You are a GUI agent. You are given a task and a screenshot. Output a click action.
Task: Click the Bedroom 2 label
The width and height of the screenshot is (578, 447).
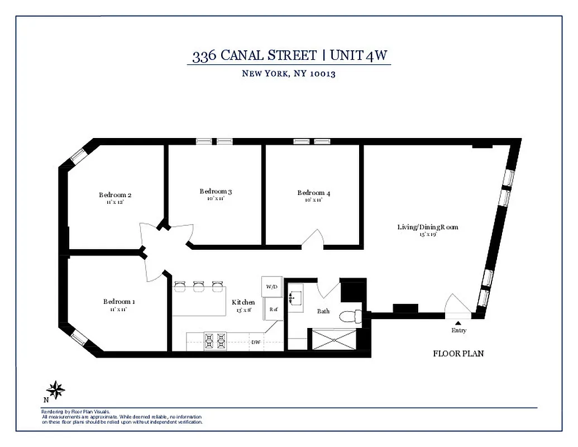[x=115, y=195]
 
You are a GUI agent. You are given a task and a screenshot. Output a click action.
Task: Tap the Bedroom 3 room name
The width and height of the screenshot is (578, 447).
[x=216, y=192]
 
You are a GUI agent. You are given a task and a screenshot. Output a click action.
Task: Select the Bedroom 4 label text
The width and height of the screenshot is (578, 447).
[x=313, y=193]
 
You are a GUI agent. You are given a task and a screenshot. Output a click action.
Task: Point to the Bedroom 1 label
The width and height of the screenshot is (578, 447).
[x=118, y=302]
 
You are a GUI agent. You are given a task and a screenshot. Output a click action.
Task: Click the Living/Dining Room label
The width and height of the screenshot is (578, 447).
[x=427, y=227]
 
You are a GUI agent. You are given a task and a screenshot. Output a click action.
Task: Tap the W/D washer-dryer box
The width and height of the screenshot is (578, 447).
[x=272, y=287]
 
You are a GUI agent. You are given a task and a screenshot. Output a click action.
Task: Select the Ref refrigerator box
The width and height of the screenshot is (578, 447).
[x=274, y=309]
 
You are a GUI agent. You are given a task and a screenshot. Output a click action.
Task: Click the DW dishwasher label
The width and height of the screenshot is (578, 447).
[x=255, y=342]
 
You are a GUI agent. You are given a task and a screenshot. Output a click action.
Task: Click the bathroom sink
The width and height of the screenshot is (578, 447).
[x=294, y=298]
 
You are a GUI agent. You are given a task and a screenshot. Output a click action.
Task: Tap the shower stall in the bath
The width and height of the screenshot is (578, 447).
[x=333, y=340]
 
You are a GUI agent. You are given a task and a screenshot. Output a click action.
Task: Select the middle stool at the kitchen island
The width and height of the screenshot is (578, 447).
[x=199, y=287]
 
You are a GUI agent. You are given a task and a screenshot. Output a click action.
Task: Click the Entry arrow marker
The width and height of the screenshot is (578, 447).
[x=458, y=322]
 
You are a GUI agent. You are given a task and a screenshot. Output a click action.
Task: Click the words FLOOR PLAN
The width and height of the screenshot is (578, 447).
[x=458, y=354]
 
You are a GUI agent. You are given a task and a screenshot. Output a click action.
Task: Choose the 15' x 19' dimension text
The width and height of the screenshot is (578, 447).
[x=427, y=235]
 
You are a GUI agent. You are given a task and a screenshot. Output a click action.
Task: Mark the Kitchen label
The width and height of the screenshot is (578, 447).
[x=243, y=302]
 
